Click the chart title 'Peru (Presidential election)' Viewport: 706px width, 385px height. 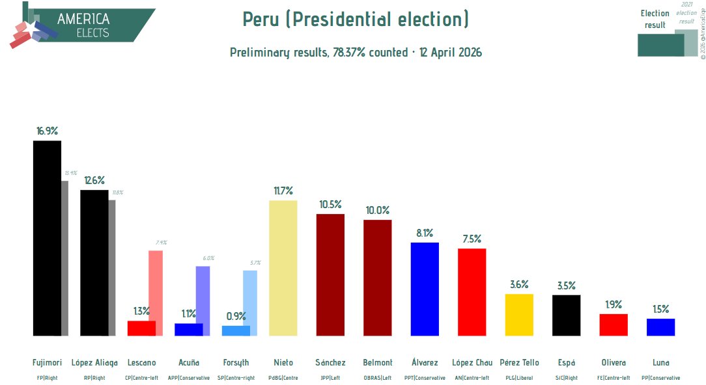[356, 20]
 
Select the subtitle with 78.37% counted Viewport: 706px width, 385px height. [356, 53]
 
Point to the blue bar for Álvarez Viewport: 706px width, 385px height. [425, 289]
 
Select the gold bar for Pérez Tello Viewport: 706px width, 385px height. [519, 315]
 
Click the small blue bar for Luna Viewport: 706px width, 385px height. [660, 327]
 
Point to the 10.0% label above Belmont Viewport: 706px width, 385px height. [378, 210]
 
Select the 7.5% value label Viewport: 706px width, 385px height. [472, 239]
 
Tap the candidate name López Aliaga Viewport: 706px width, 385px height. [94, 362]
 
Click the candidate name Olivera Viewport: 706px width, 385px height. [614, 362]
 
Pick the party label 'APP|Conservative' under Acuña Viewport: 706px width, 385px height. [189, 377]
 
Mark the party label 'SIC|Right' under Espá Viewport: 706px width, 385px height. [566, 377]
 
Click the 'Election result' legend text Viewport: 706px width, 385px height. [655, 19]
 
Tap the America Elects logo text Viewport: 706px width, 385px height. [83, 25]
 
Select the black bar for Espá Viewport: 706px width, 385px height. [566, 315]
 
